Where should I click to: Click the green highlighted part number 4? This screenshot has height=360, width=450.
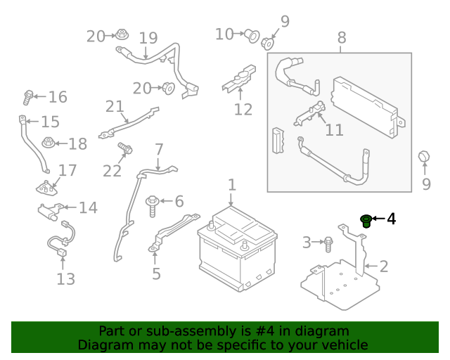(366, 221)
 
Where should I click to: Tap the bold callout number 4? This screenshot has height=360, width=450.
(392, 219)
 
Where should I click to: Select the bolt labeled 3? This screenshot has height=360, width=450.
(328, 244)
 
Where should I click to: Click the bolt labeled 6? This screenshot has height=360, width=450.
(153, 206)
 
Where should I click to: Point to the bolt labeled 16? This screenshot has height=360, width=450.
(28, 98)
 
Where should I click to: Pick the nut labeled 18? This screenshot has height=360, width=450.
(49, 143)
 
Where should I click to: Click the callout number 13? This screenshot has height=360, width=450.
(65, 279)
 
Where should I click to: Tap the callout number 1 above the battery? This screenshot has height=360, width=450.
(232, 185)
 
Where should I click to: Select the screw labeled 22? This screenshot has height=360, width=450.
(125, 148)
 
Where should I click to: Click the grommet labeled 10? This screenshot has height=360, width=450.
(252, 36)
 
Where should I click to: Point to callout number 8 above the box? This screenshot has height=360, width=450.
(342, 38)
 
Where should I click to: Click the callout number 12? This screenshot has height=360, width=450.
(243, 110)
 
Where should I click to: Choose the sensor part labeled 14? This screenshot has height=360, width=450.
(51, 212)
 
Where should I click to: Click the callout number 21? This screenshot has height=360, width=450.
(115, 106)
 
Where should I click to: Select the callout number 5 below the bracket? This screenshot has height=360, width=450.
(156, 274)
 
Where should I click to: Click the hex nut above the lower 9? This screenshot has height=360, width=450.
(423, 157)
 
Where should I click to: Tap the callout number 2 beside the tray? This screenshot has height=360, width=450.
(384, 266)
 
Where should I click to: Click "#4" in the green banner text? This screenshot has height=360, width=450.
(264, 331)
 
